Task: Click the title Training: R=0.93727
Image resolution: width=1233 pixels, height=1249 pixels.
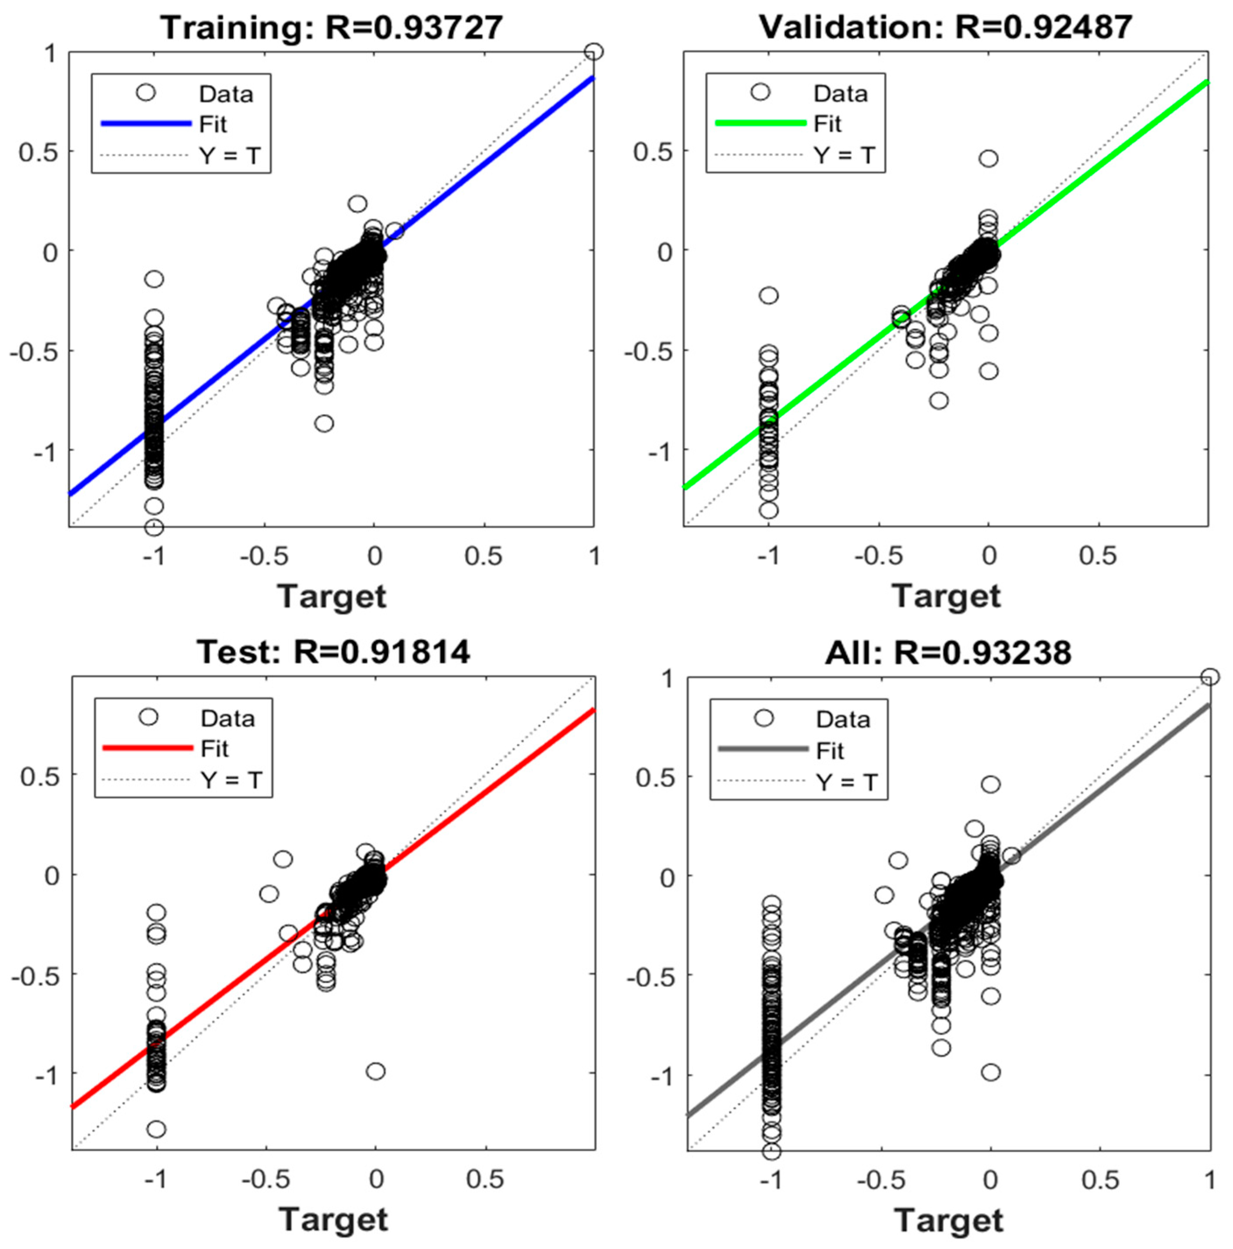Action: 331,27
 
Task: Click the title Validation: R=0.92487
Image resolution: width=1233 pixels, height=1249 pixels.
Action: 946,27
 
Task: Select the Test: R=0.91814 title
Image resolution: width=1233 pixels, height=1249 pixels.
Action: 333,652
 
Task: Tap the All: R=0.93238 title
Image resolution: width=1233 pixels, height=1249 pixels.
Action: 948,653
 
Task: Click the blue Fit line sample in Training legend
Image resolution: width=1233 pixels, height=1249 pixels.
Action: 146,123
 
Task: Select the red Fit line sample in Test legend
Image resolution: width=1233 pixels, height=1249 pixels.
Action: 148,748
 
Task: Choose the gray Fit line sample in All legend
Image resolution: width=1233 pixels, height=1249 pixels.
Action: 764,749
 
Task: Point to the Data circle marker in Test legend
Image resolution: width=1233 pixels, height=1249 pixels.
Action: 149,717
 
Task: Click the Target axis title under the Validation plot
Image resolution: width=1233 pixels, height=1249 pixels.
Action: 946,596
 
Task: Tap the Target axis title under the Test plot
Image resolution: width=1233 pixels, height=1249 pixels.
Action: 333,1219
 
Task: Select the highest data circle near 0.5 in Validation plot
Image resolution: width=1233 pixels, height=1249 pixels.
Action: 988,158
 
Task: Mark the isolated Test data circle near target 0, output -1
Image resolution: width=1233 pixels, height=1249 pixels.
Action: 375,1071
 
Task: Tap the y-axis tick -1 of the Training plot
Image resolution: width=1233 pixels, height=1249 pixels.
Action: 45,451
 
